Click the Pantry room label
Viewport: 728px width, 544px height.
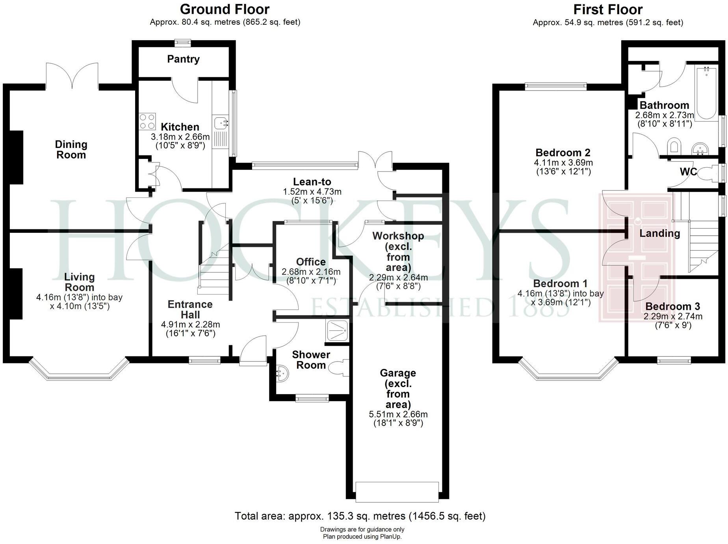(x=183, y=59)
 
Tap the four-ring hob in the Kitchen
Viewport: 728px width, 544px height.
(x=147, y=121)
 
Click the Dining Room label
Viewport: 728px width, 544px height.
(x=71, y=149)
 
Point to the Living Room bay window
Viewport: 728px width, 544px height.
(x=80, y=372)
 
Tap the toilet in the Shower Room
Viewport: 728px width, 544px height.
(x=338, y=368)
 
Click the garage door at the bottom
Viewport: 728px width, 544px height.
(x=397, y=492)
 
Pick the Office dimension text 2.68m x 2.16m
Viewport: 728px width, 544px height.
(x=311, y=272)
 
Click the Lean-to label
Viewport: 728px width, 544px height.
(x=312, y=182)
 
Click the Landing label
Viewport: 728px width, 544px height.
(x=659, y=233)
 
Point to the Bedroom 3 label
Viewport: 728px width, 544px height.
(x=672, y=306)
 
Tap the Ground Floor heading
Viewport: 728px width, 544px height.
(x=225, y=9)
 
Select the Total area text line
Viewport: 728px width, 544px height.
(x=360, y=516)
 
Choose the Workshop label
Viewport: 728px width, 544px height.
(x=398, y=236)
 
